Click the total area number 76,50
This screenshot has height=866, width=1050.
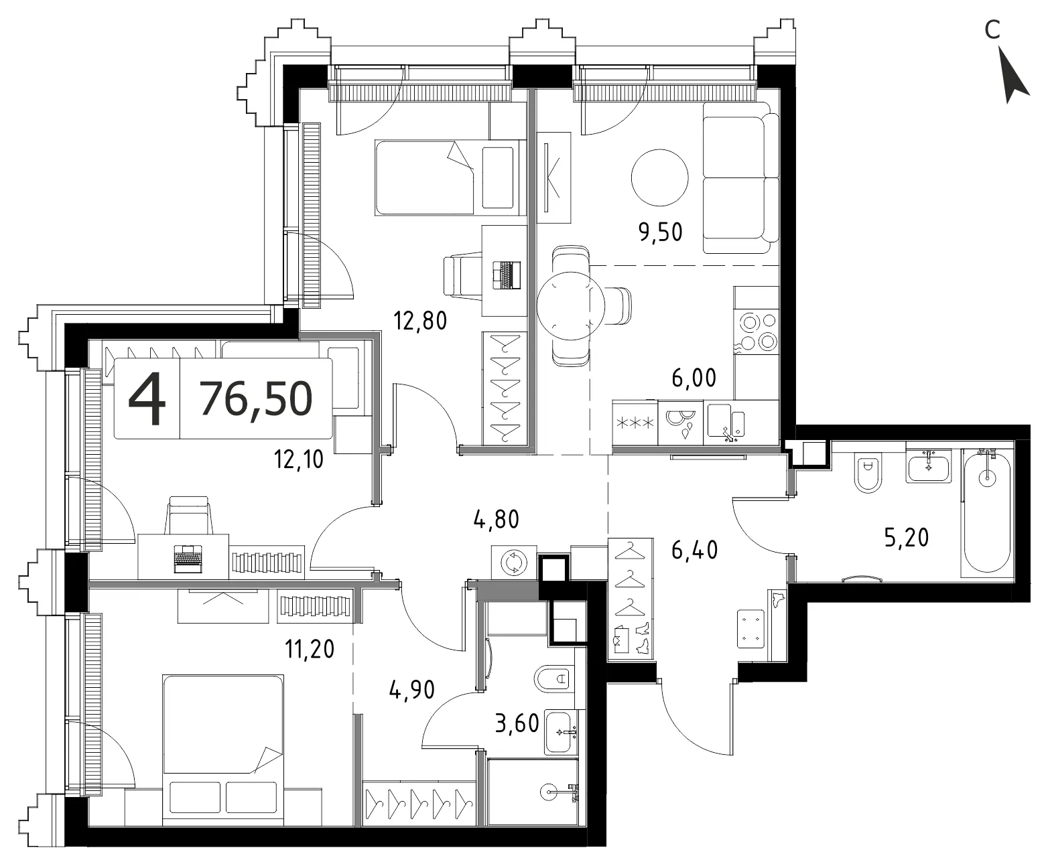257,399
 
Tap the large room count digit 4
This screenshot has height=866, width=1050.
147,399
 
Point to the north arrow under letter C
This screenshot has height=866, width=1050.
1014,76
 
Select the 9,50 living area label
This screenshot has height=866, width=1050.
660,232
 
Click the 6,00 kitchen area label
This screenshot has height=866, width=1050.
694,378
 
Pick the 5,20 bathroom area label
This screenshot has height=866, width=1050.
906,537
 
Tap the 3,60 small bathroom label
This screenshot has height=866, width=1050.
517,724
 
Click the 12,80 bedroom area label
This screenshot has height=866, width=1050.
420,321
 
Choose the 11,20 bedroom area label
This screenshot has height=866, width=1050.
310,649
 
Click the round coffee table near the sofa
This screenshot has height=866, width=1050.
659,177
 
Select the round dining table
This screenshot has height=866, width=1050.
571,305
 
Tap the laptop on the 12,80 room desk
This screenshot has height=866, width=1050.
507,275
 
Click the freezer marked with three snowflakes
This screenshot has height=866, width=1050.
635,423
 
